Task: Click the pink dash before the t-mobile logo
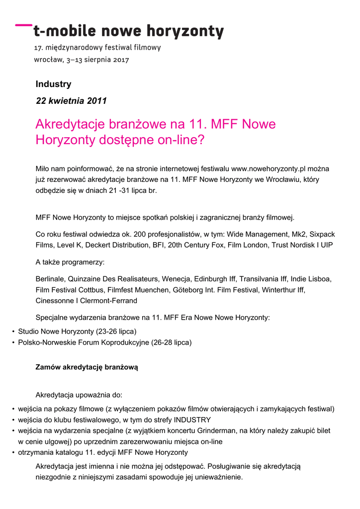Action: (23, 24)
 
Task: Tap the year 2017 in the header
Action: (121, 60)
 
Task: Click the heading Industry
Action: (53, 84)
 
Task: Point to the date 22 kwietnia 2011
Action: (71, 101)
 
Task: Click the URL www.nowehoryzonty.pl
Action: (264, 169)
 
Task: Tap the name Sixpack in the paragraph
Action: (322, 234)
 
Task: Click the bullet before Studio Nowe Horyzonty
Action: (13, 332)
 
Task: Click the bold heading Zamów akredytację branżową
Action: (87, 367)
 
